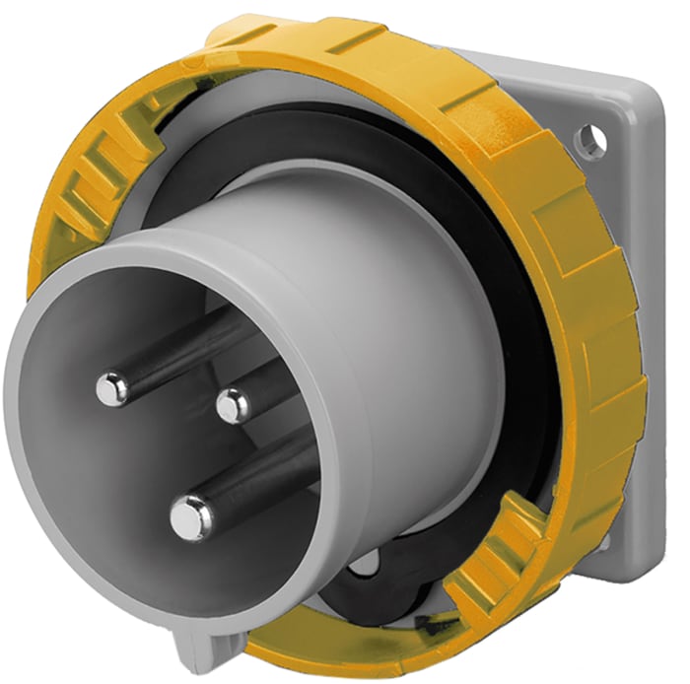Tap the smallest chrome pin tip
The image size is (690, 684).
233,404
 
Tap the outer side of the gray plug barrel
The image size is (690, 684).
414,296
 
